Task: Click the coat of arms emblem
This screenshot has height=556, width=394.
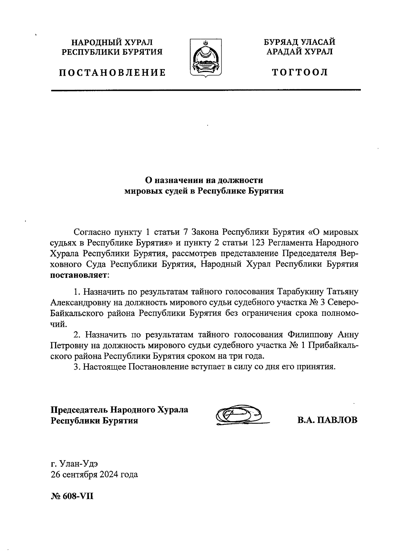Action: point(206,58)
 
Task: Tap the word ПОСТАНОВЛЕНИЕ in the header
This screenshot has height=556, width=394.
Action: point(112,72)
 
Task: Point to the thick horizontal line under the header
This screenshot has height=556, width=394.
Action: point(206,90)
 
